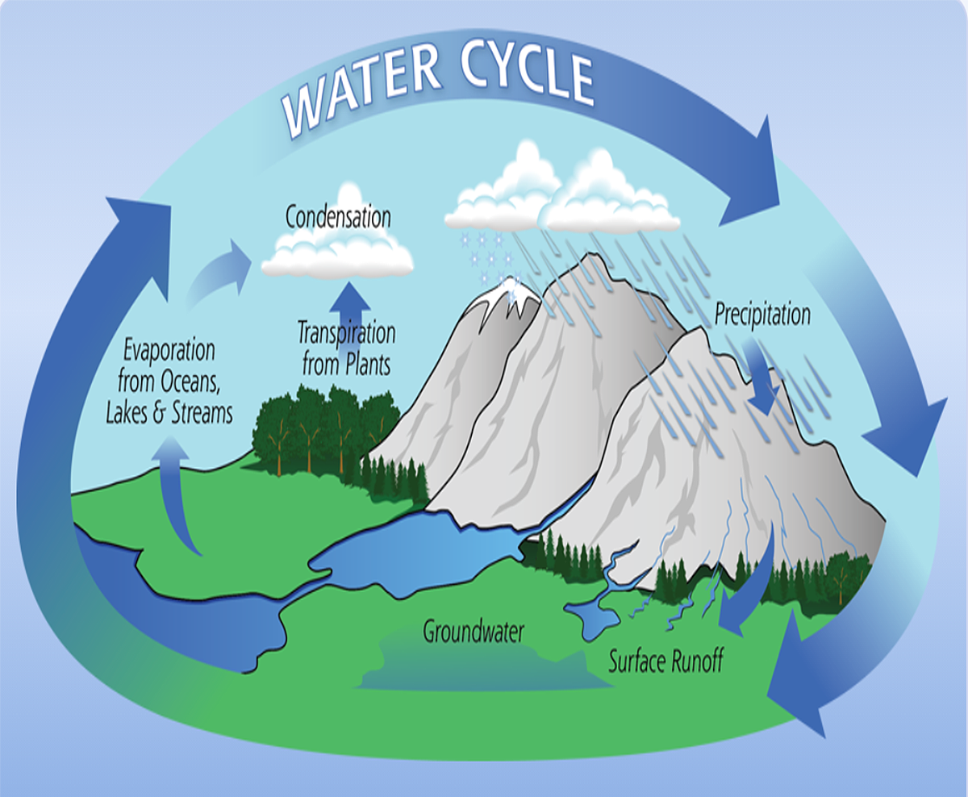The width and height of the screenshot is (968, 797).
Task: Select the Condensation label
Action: click(338, 216)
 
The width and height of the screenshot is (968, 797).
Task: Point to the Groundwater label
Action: click(473, 631)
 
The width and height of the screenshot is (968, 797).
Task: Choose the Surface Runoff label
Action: click(665, 661)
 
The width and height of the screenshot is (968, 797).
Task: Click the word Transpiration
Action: click(347, 332)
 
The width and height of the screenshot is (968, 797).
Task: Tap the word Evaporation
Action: click(169, 351)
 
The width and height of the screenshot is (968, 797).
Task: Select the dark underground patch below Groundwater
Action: click(484, 666)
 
